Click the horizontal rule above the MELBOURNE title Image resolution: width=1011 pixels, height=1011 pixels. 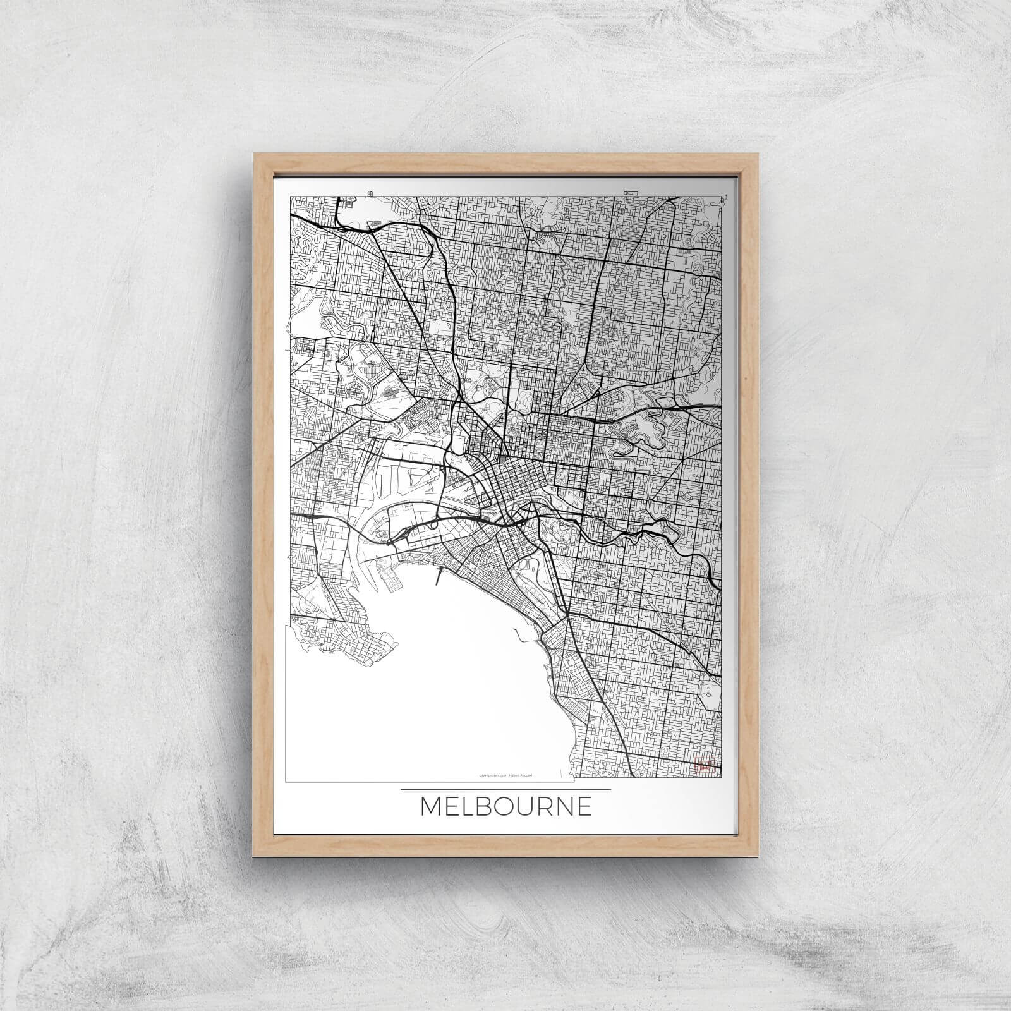pyautogui.click(x=505, y=789)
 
